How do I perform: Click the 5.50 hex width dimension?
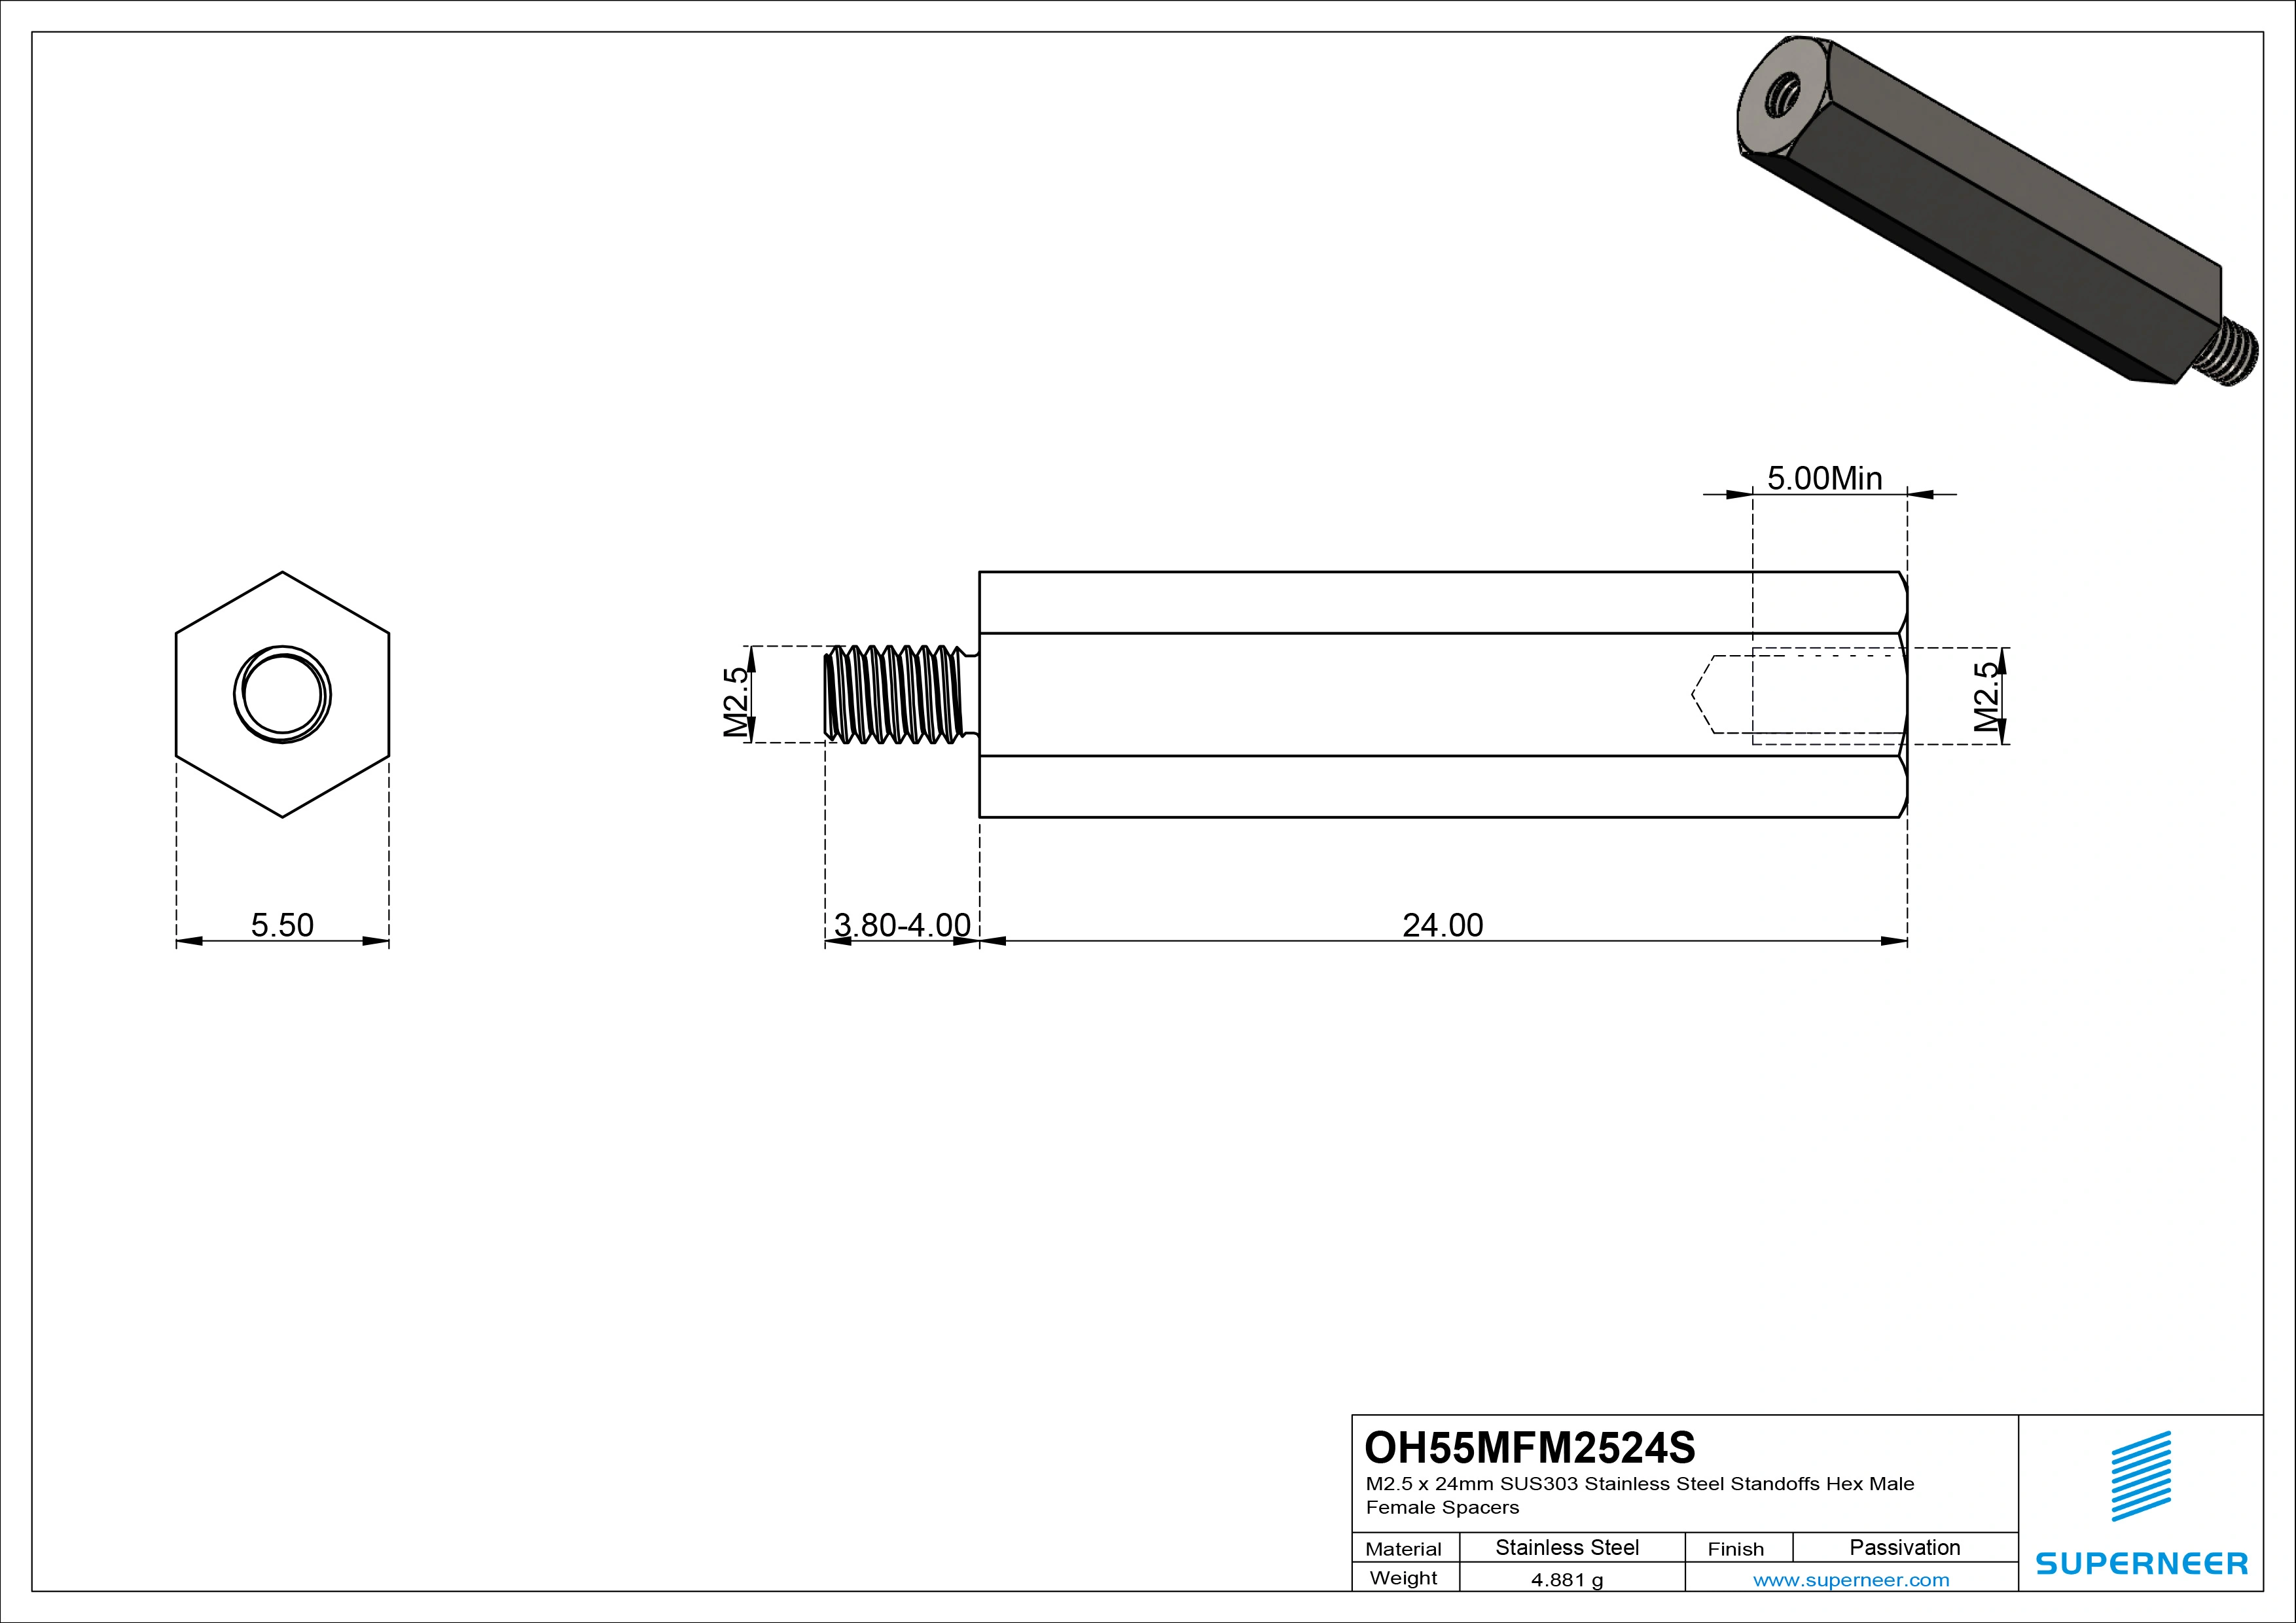point(282,925)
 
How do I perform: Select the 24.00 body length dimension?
point(1442,925)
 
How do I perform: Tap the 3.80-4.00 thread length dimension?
point(902,925)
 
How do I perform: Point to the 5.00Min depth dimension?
point(1824,478)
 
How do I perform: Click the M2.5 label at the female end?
point(1988,697)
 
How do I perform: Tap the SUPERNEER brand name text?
point(2141,1563)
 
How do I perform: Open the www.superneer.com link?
point(1850,1580)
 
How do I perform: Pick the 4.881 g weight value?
point(1567,1580)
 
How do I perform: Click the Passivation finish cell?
point(1904,1547)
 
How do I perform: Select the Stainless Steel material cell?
point(1567,1547)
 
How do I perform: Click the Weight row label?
point(1403,1578)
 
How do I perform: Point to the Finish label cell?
point(1735,1549)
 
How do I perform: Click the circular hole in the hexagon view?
point(282,694)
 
